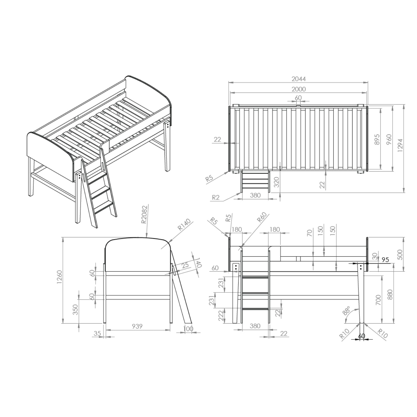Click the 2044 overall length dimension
299,79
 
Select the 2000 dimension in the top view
299,89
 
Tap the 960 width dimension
389,139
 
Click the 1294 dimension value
400,145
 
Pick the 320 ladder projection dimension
276,182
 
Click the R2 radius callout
216,197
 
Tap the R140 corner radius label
184,225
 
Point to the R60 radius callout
262,217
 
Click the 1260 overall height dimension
59,277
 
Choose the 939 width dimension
137,326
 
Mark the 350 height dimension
75,309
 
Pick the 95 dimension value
385,260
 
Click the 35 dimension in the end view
97,333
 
